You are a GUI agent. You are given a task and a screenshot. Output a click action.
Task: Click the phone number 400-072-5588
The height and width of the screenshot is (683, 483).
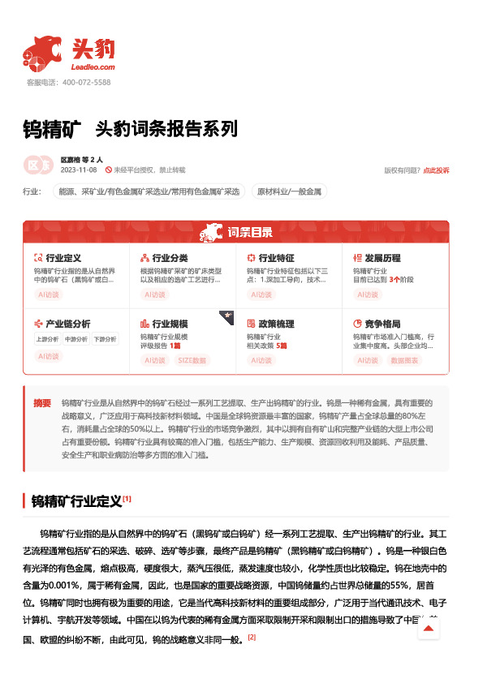pyautogui.click(x=85, y=83)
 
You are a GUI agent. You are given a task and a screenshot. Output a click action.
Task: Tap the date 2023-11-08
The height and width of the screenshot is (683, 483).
pyautogui.click(x=78, y=170)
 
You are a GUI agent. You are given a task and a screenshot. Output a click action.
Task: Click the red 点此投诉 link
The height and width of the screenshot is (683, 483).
pyautogui.click(x=436, y=170)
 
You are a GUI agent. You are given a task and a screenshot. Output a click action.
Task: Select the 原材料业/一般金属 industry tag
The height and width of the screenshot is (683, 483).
pyautogui.click(x=289, y=192)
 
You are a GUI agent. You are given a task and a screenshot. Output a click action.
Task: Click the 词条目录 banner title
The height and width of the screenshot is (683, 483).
pyautogui.click(x=249, y=233)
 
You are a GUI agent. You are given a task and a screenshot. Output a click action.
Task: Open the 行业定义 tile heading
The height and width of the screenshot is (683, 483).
pyautogui.click(x=63, y=257)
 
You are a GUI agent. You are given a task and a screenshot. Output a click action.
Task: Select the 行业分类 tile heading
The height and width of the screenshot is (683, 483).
pyautogui.click(x=170, y=257)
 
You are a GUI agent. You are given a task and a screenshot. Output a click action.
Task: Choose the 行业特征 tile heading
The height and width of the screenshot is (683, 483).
pyautogui.click(x=276, y=257)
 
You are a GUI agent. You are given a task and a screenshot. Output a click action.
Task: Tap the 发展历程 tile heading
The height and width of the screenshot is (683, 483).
pyautogui.click(x=382, y=257)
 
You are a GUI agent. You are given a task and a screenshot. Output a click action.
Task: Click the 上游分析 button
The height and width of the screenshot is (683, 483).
pyautogui.click(x=47, y=339)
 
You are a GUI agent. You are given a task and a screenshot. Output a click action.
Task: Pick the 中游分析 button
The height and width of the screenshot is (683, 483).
pyautogui.click(x=75, y=339)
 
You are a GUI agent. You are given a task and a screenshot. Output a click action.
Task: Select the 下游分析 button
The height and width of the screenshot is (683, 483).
pyautogui.click(x=104, y=339)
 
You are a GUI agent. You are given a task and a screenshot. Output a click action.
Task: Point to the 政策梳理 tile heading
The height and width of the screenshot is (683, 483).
pyautogui.click(x=276, y=323)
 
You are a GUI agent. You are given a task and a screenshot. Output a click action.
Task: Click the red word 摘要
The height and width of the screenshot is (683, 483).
pyautogui.click(x=42, y=403)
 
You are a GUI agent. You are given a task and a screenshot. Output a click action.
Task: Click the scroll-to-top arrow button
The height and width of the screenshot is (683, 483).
pyautogui.click(x=428, y=629)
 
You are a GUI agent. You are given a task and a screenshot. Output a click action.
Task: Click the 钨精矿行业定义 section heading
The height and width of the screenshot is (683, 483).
pyautogui.click(x=76, y=500)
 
